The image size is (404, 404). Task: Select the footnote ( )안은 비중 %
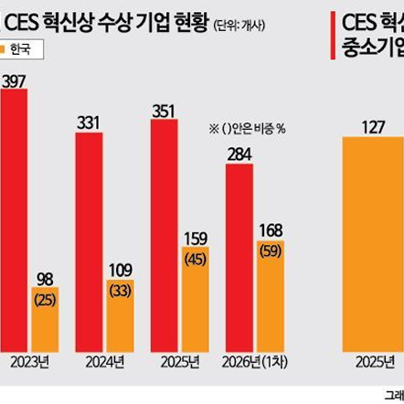248,128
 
